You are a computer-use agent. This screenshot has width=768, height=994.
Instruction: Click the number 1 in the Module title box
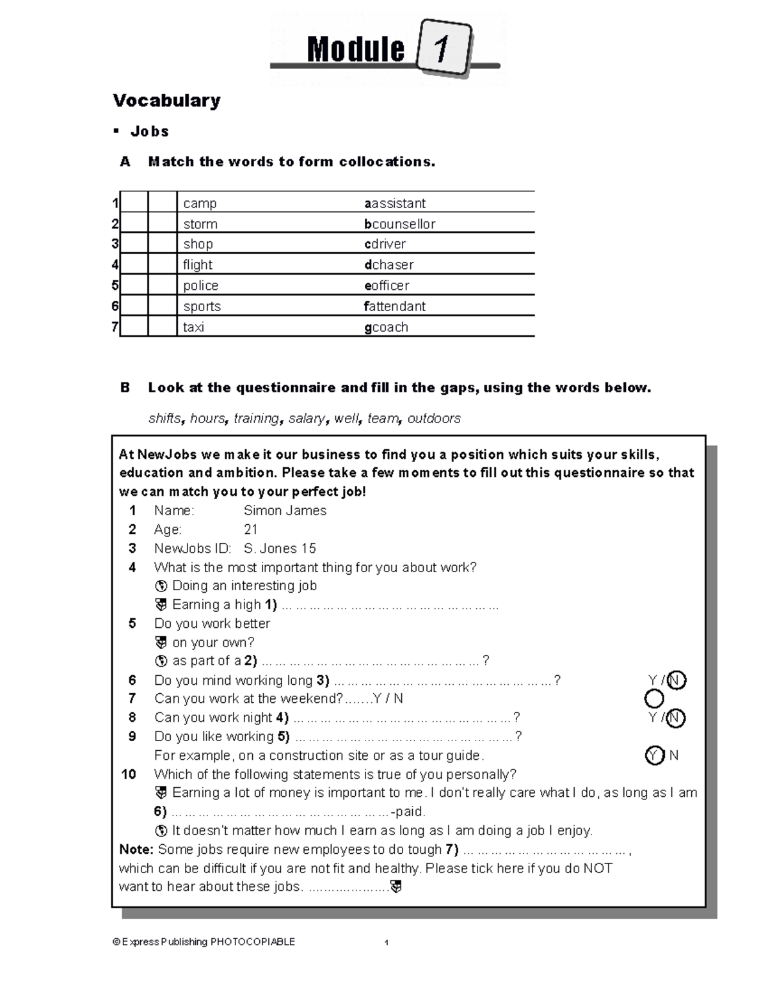point(441,49)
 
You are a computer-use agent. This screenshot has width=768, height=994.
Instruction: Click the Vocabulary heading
point(166,100)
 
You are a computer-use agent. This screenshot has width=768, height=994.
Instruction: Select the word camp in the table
point(200,204)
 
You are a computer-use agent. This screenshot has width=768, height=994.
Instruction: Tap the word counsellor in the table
point(403,224)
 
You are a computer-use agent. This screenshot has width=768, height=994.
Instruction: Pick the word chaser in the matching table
point(392,265)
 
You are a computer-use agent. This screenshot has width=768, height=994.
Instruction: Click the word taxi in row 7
point(193,327)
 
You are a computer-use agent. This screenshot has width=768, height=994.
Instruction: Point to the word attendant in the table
point(397,307)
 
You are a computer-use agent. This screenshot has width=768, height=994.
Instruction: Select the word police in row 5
point(200,285)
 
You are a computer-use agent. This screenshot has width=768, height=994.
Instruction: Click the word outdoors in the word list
point(434,419)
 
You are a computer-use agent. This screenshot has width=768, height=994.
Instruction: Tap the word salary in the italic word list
point(307,419)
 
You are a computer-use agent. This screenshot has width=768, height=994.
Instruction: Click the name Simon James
point(285,511)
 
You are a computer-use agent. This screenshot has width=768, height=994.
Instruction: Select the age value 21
point(250,529)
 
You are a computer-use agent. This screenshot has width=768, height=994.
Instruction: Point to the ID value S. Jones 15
point(280,549)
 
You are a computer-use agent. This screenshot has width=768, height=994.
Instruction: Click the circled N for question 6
point(676,680)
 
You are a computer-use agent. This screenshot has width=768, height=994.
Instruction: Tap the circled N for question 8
point(676,718)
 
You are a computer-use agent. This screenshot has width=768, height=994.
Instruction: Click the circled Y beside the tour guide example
point(654,756)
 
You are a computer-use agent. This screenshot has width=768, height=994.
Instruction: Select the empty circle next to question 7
point(654,699)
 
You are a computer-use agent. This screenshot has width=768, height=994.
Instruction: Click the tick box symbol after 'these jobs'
point(396,887)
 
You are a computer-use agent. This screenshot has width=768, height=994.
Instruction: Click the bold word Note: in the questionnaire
point(136,849)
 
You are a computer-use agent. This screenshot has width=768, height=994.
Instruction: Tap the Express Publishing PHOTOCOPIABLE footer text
point(204,942)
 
